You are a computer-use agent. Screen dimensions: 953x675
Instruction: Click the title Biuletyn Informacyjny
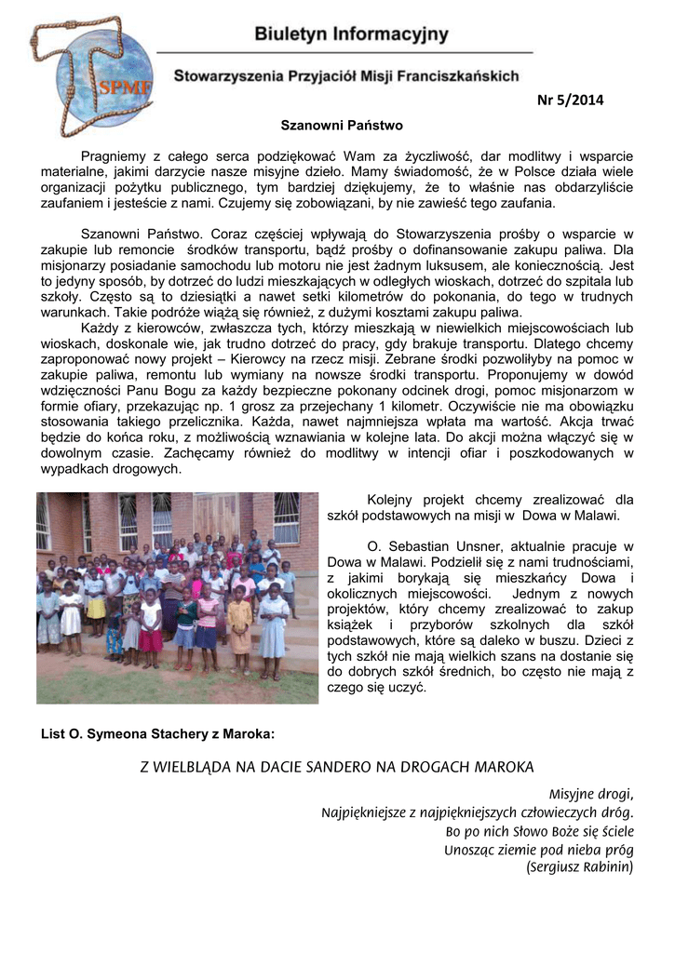click(351, 35)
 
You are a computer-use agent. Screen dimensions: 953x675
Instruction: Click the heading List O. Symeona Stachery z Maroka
click(158, 733)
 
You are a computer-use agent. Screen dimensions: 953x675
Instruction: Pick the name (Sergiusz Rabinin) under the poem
click(579, 867)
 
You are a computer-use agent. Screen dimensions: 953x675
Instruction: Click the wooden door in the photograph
click(216, 519)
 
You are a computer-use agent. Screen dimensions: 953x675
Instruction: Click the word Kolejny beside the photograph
click(391, 499)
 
